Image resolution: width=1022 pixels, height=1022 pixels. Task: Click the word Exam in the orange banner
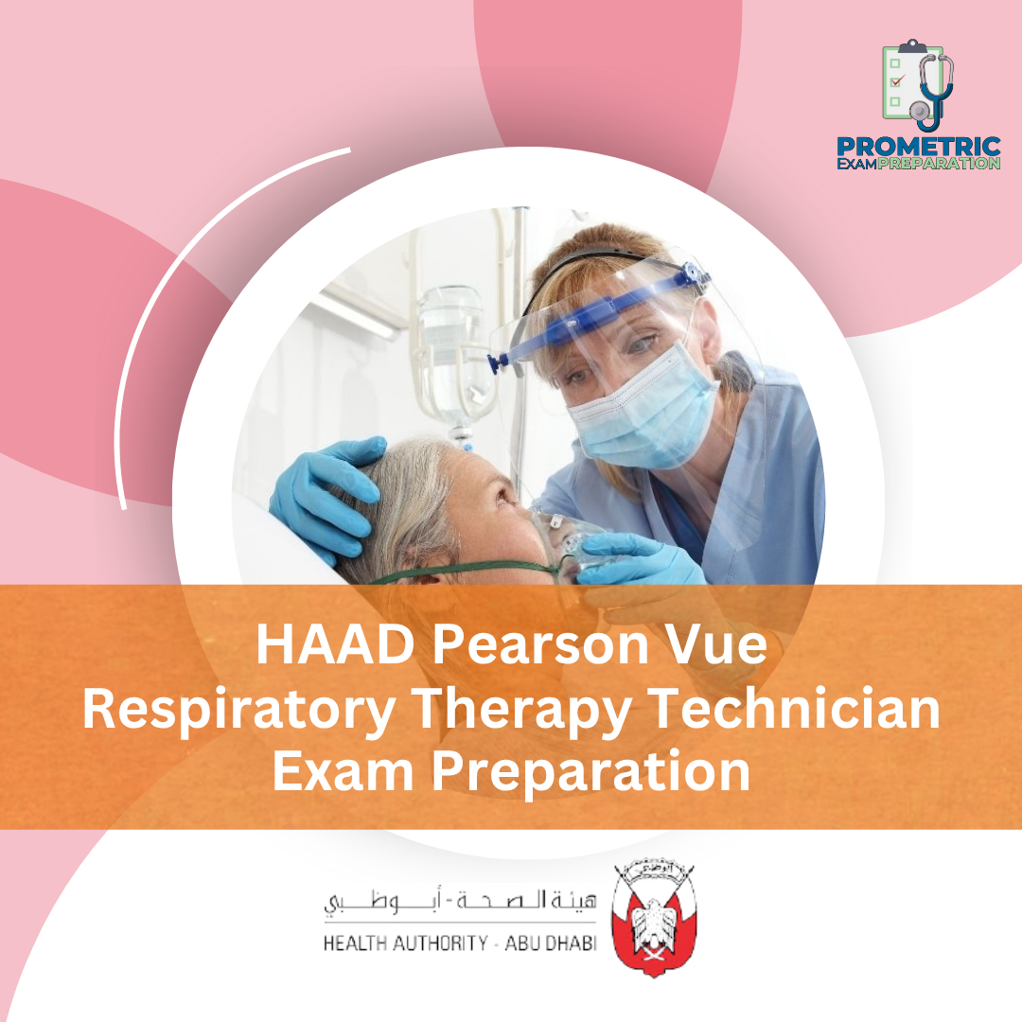pos(345,771)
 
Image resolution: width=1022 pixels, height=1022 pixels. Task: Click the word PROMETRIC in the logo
pos(919,147)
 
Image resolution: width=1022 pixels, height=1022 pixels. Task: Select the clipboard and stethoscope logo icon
pos(917,85)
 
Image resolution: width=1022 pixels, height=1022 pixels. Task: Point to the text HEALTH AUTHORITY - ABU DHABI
pos(460,943)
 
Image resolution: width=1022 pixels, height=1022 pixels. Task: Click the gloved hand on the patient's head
pos(326,492)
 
